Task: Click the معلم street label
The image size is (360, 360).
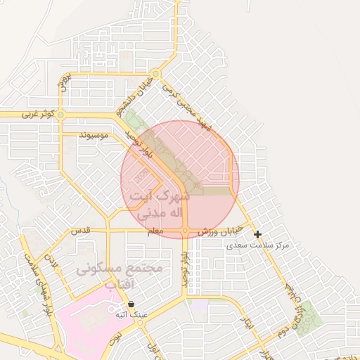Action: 155,231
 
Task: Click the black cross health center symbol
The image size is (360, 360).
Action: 258,234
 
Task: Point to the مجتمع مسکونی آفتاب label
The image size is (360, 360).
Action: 120,276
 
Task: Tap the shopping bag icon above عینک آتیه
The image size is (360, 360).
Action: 131,304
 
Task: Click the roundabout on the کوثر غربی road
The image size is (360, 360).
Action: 61,114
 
